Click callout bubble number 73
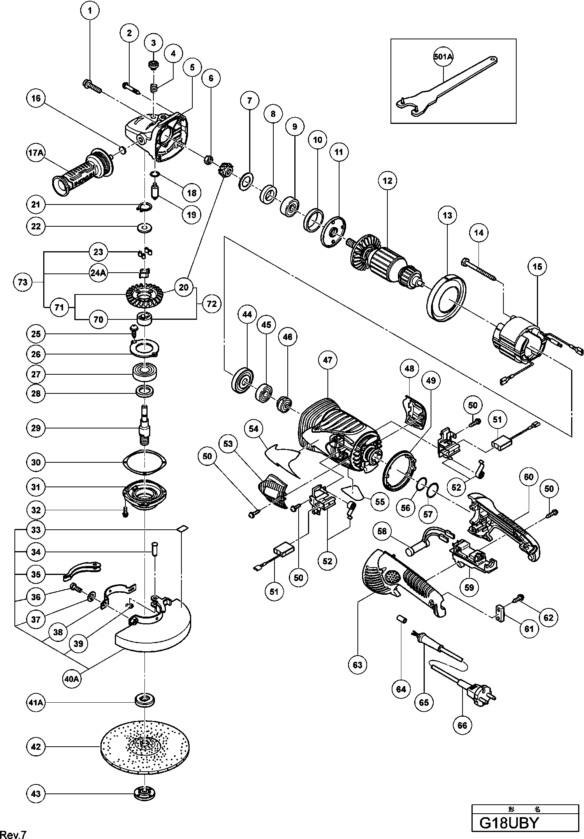coord(23,281)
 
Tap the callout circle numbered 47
coord(328,360)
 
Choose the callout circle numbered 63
coord(357,665)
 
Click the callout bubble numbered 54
coord(254,429)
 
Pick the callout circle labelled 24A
coord(98,273)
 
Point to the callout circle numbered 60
coord(528,477)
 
